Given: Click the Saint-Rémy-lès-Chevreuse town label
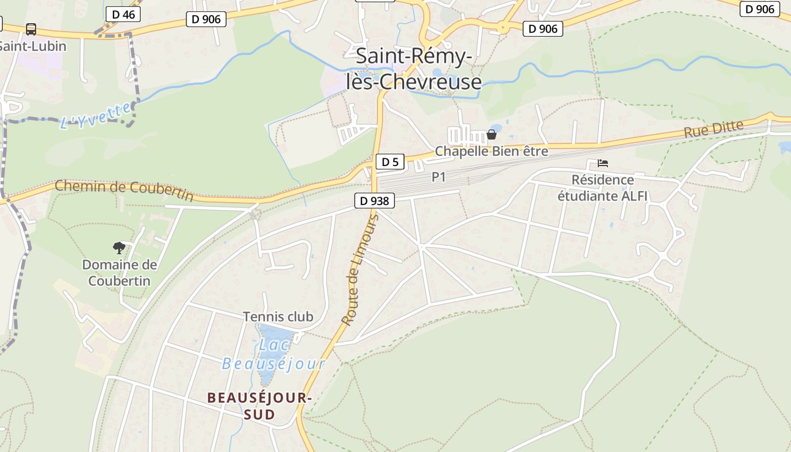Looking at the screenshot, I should coord(414,69).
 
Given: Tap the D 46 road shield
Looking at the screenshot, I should coord(123,14).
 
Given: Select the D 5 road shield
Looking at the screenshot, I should coord(390,162).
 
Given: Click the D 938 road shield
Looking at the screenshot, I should coord(375,201).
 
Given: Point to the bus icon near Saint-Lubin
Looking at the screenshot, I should coord(31,29).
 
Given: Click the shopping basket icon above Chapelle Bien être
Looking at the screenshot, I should coord(492,134).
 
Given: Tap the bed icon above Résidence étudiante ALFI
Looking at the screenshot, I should coord(603,163).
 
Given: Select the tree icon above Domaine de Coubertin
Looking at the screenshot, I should coord(119,247).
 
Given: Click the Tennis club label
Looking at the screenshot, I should coord(277,316).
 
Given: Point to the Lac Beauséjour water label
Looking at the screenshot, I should coord(274,354).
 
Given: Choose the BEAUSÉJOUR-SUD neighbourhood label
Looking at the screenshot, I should coord(259,406).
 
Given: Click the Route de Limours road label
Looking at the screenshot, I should coord(359,270).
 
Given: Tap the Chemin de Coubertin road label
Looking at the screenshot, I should coord(124,190).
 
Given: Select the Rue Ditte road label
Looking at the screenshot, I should coord(713,129).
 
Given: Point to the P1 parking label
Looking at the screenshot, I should coord(438,177).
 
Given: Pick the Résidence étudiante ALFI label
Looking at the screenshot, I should coord(602,188).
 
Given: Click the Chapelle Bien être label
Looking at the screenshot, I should coord(491,151).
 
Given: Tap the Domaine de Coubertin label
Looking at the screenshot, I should coord(119,272).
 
